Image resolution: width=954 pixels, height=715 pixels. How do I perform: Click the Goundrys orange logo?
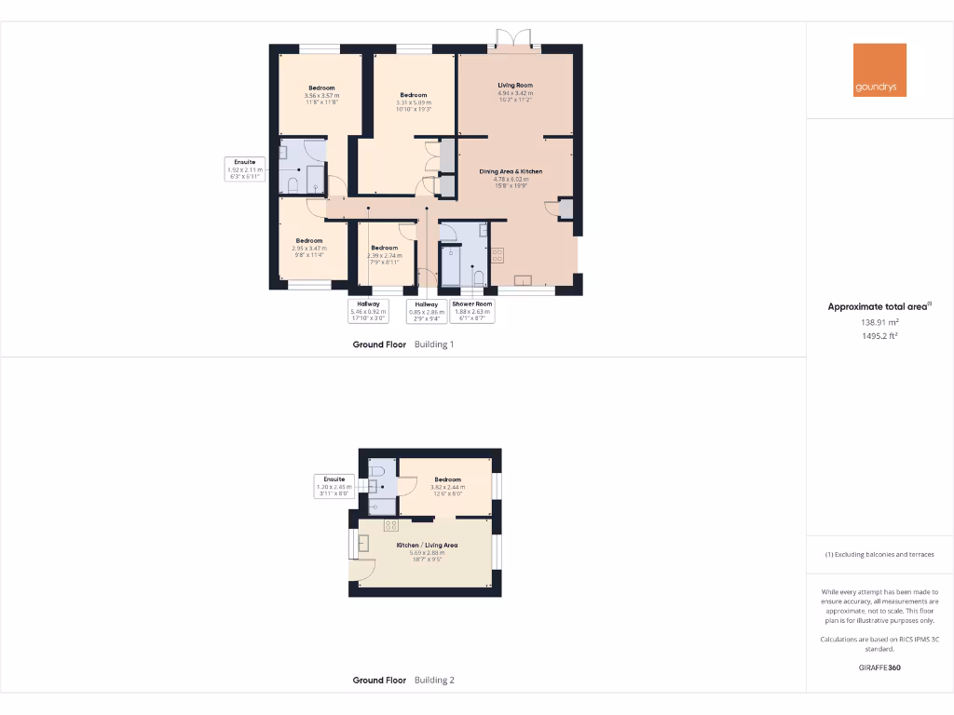[x=879, y=70]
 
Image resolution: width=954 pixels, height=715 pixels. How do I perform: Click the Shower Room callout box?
[x=472, y=311]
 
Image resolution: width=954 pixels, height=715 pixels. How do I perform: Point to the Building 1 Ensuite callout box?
[x=246, y=169]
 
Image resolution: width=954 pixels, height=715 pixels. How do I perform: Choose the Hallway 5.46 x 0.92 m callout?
[x=368, y=311]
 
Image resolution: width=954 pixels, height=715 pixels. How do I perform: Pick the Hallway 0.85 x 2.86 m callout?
[x=426, y=311]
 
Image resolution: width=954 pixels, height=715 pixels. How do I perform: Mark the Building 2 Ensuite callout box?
[x=334, y=483]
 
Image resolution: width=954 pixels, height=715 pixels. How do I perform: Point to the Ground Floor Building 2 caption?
[x=403, y=680]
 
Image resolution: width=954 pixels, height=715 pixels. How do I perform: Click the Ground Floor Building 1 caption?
[x=402, y=344]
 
